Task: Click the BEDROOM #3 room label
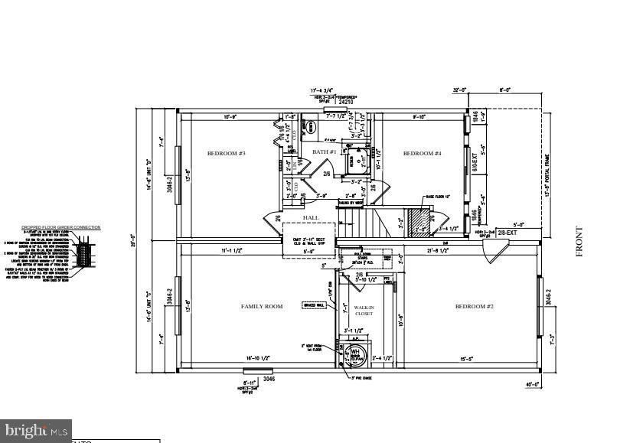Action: pyautogui.click(x=226, y=154)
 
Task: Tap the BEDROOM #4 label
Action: pyautogui.click(x=423, y=154)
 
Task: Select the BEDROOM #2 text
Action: pyautogui.click(x=475, y=307)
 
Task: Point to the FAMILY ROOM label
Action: pyautogui.click(x=262, y=307)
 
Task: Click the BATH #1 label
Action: pyautogui.click(x=325, y=152)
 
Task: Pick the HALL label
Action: pyautogui.click(x=311, y=218)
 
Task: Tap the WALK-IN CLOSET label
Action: pyautogui.click(x=363, y=310)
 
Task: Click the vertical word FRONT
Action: pyautogui.click(x=579, y=241)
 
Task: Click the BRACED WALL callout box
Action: pyautogui.click(x=314, y=305)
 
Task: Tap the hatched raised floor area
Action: pyautogui.click(x=419, y=220)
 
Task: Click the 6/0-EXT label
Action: pyautogui.click(x=474, y=164)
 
